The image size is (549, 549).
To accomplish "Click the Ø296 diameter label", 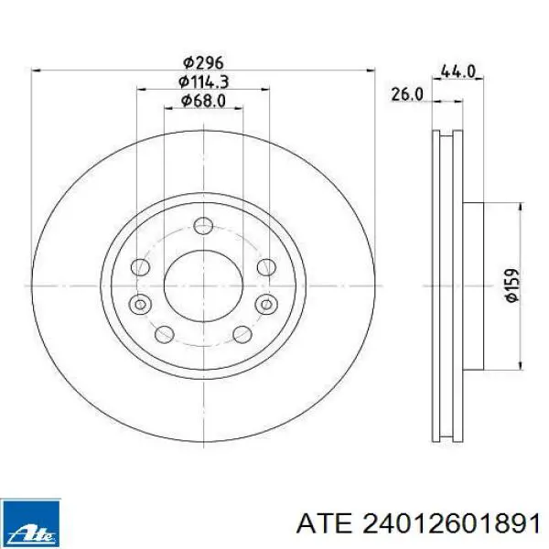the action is pos(203,62).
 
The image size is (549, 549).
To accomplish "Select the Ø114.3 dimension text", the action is pos(203,82).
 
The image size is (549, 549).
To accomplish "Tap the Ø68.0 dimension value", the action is pos(203,101).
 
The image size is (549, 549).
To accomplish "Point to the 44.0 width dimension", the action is pos(457,71).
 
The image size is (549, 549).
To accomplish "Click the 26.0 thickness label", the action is pos(407,94).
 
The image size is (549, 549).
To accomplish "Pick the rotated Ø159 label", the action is pos(512,285).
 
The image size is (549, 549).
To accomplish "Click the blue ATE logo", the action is pos(31,523).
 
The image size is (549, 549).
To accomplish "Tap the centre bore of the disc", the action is pos(203,285).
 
